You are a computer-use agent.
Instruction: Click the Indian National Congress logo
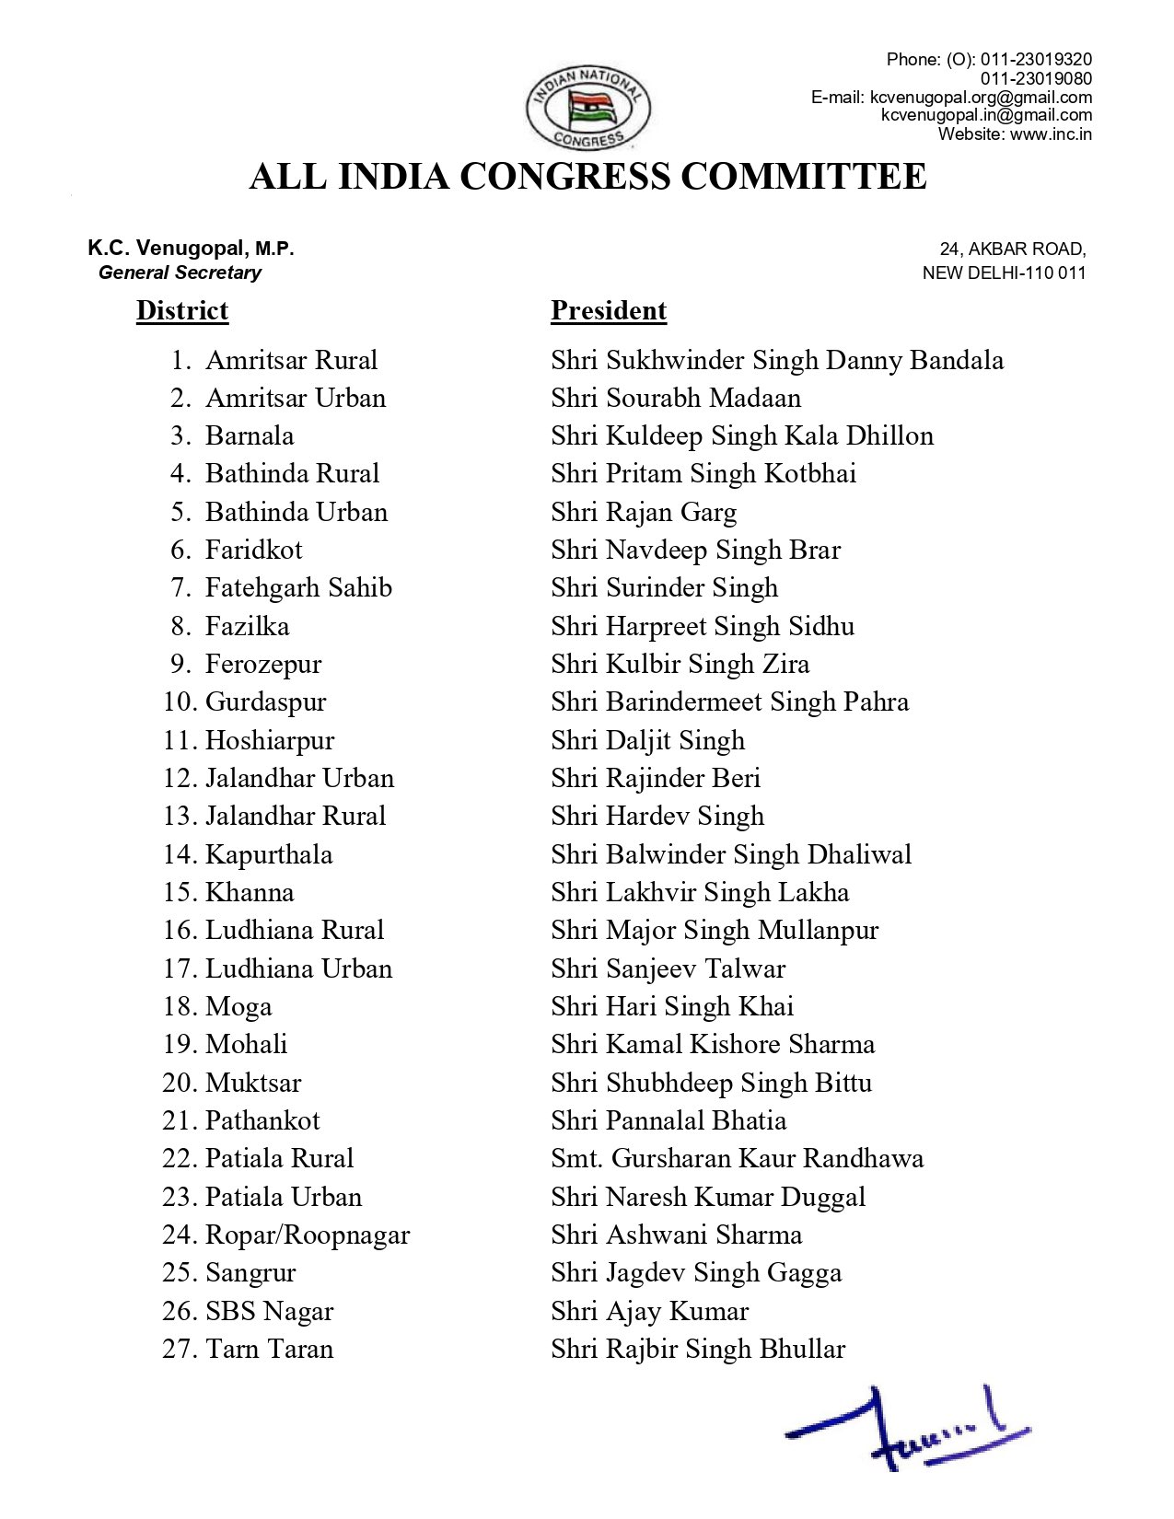click(587, 108)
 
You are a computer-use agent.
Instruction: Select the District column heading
click(182, 310)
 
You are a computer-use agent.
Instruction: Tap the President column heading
click(609, 310)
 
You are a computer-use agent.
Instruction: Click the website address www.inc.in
click(1051, 133)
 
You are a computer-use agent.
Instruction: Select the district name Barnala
click(250, 435)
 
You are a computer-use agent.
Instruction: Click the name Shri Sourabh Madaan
click(676, 398)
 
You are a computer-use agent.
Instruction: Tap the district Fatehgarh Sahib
click(298, 587)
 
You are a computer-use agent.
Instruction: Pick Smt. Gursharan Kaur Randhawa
click(737, 1158)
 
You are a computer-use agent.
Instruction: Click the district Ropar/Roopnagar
click(308, 1235)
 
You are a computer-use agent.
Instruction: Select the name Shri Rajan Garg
click(644, 512)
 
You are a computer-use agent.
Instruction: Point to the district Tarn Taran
click(269, 1349)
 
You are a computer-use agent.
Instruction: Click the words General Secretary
click(180, 272)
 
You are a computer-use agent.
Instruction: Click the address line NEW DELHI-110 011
click(1004, 272)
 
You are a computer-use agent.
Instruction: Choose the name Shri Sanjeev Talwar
click(668, 968)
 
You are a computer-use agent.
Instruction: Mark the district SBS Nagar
click(269, 1311)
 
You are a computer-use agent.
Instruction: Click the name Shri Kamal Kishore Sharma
click(713, 1044)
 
